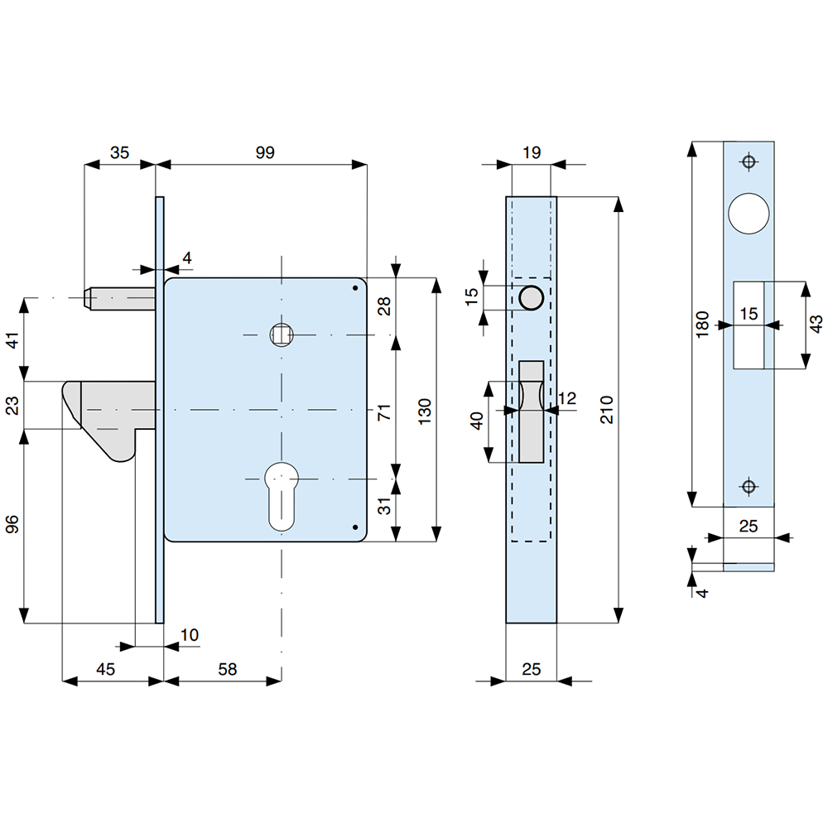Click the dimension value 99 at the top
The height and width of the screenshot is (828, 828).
(264, 152)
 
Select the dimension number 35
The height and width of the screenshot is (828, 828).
(120, 152)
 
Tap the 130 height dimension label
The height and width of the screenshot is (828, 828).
(425, 410)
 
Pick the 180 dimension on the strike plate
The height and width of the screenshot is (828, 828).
(702, 325)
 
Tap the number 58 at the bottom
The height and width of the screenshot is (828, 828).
(225, 669)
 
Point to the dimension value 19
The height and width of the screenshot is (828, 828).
(532, 152)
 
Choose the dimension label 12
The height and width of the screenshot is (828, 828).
(567, 399)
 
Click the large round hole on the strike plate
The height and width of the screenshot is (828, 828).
(749, 212)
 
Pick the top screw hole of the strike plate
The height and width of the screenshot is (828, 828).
(749, 161)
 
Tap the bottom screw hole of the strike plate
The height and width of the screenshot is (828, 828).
(749, 486)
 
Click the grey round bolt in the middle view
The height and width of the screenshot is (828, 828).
(530, 297)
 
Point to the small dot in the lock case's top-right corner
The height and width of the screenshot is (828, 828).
(354, 288)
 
